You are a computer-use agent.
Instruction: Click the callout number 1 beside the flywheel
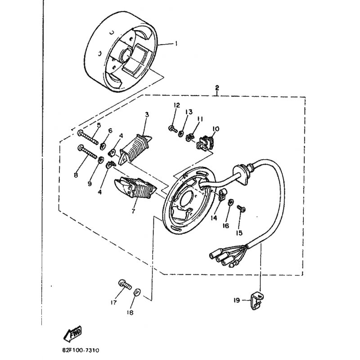point(176,43)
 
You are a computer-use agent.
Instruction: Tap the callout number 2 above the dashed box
point(217,88)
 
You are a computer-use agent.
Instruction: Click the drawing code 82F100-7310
point(81,351)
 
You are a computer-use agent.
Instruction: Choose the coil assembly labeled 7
point(135,188)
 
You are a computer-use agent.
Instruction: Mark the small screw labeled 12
point(173,129)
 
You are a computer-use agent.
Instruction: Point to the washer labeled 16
point(230,202)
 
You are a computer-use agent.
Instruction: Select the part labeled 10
point(206,142)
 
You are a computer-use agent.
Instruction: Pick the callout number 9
point(90,184)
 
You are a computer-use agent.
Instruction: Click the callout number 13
point(189,112)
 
